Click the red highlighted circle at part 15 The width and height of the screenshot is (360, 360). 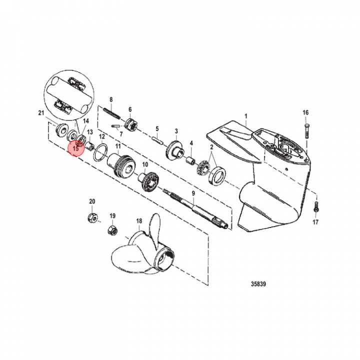click(x=76, y=148)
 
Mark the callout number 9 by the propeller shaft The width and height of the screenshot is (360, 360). click(x=193, y=193)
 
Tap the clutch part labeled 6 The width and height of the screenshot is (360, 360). click(x=131, y=123)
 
